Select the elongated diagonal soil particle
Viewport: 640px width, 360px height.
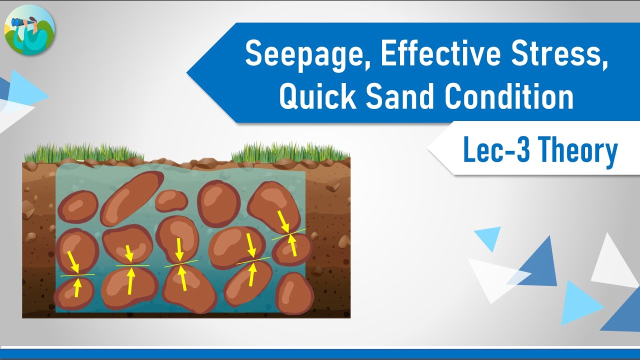[x=131, y=198]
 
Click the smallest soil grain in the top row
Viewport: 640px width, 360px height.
[x=171, y=200]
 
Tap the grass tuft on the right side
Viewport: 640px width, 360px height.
[x=290, y=152]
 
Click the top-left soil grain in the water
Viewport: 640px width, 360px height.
[x=78, y=206]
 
